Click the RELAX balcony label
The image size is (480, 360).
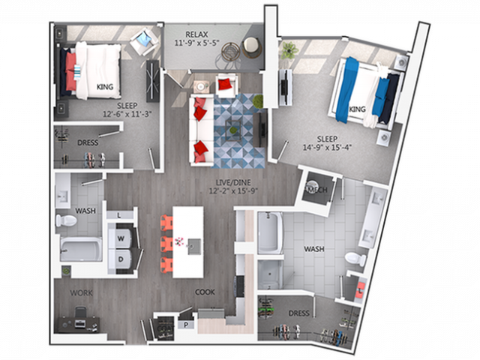196,34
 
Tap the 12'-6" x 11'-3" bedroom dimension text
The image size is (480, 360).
127,114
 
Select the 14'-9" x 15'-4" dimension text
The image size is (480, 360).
327,148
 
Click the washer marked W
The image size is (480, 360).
121,238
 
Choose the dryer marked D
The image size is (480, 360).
121,259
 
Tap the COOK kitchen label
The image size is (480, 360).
205,292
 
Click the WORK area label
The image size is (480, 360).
81,293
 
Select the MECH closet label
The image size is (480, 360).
316,190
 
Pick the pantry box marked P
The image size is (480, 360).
186,325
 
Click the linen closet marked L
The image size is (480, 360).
119,215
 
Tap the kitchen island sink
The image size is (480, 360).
194,245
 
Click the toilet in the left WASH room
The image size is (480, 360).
66,220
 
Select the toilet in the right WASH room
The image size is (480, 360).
355,258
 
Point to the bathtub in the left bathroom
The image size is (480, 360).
81,250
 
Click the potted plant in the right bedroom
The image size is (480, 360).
288,50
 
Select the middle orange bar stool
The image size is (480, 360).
166,244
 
